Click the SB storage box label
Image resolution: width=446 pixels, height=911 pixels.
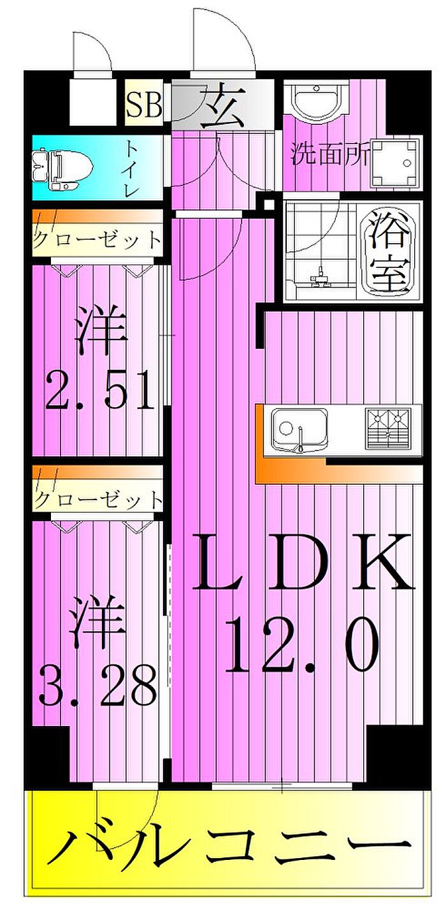click(144, 105)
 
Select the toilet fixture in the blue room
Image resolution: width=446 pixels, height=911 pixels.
click(62, 170)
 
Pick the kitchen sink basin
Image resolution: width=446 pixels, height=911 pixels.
click(299, 430)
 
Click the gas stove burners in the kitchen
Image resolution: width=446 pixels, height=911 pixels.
click(387, 429)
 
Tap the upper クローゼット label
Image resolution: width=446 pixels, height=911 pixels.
click(97, 240)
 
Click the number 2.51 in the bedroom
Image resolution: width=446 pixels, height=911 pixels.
click(100, 390)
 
